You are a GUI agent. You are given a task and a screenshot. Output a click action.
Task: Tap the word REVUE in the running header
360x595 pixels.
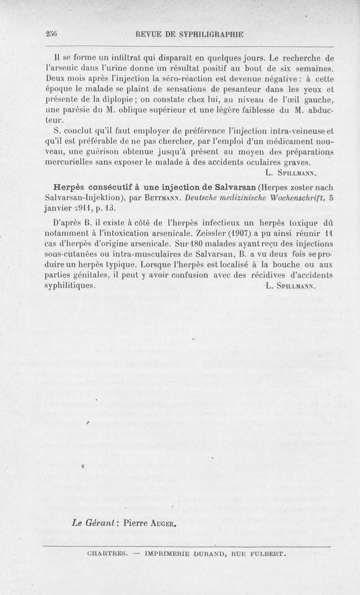151,34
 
